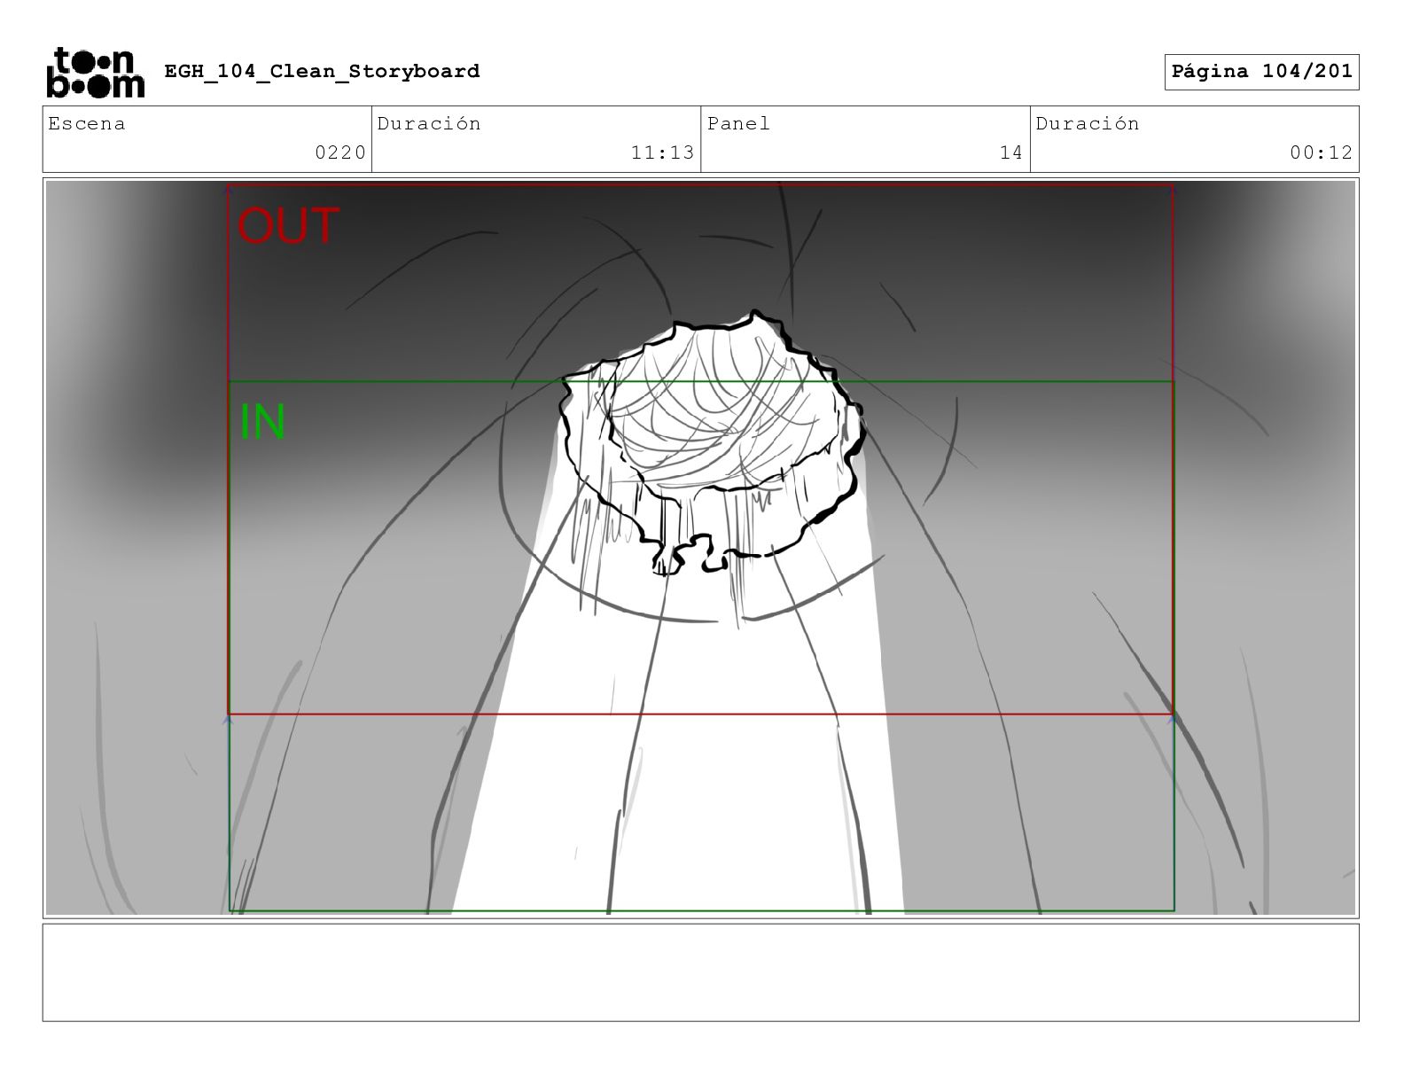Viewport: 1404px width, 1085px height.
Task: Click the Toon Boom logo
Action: [x=96, y=73]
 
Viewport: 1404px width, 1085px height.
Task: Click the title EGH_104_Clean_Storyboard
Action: [x=322, y=71]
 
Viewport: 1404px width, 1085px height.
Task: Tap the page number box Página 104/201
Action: [x=1261, y=72]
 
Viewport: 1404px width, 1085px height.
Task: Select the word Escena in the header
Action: [x=87, y=123]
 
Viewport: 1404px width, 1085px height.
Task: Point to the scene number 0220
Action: [x=340, y=152]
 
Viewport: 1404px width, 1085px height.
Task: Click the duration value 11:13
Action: [x=662, y=152]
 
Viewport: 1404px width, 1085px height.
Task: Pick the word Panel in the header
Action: [x=738, y=123]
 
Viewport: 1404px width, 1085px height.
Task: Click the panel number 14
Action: [x=1011, y=152]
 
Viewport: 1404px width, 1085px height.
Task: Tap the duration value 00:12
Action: [x=1322, y=152]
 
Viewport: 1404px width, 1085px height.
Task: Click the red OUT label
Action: [x=288, y=225]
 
